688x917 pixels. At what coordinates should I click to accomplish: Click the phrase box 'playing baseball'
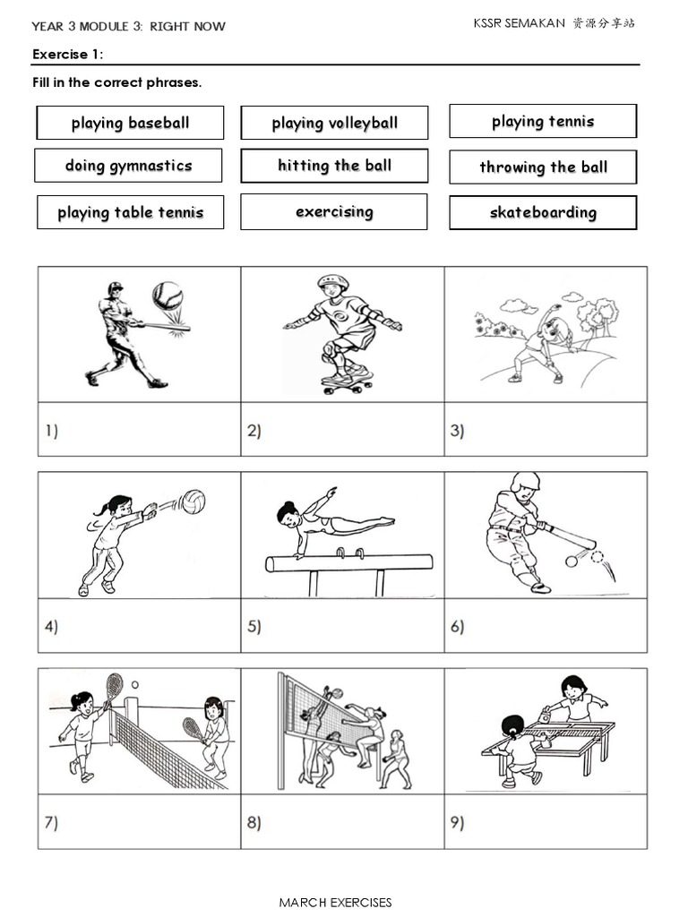(x=130, y=123)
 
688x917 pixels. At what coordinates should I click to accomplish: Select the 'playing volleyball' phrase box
(x=334, y=123)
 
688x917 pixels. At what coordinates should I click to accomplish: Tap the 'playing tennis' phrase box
(x=543, y=121)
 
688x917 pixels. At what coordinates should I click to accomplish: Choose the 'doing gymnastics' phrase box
(x=129, y=166)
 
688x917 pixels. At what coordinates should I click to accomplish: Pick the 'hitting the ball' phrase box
(x=334, y=166)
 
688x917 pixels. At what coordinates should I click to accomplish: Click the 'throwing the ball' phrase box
(x=543, y=167)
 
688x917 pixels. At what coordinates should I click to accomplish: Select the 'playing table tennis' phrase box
(x=130, y=213)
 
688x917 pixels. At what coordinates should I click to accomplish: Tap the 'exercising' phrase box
(x=334, y=212)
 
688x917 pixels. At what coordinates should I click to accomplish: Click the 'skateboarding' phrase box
(x=543, y=213)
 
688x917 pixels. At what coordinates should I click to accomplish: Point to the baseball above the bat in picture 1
(x=168, y=295)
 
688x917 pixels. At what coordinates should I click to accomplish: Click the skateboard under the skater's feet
(x=346, y=382)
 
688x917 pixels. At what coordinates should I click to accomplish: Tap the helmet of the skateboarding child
(x=331, y=284)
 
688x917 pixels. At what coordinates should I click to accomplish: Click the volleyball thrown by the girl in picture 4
(x=193, y=501)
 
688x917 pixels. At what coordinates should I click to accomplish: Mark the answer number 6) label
(x=457, y=627)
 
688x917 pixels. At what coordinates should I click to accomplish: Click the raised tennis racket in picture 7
(x=114, y=687)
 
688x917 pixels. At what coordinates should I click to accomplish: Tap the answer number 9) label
(x=457, y=823)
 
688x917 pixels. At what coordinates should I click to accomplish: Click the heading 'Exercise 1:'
(x=68, y=55)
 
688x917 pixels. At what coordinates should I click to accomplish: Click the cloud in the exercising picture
(x=512, y=305)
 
